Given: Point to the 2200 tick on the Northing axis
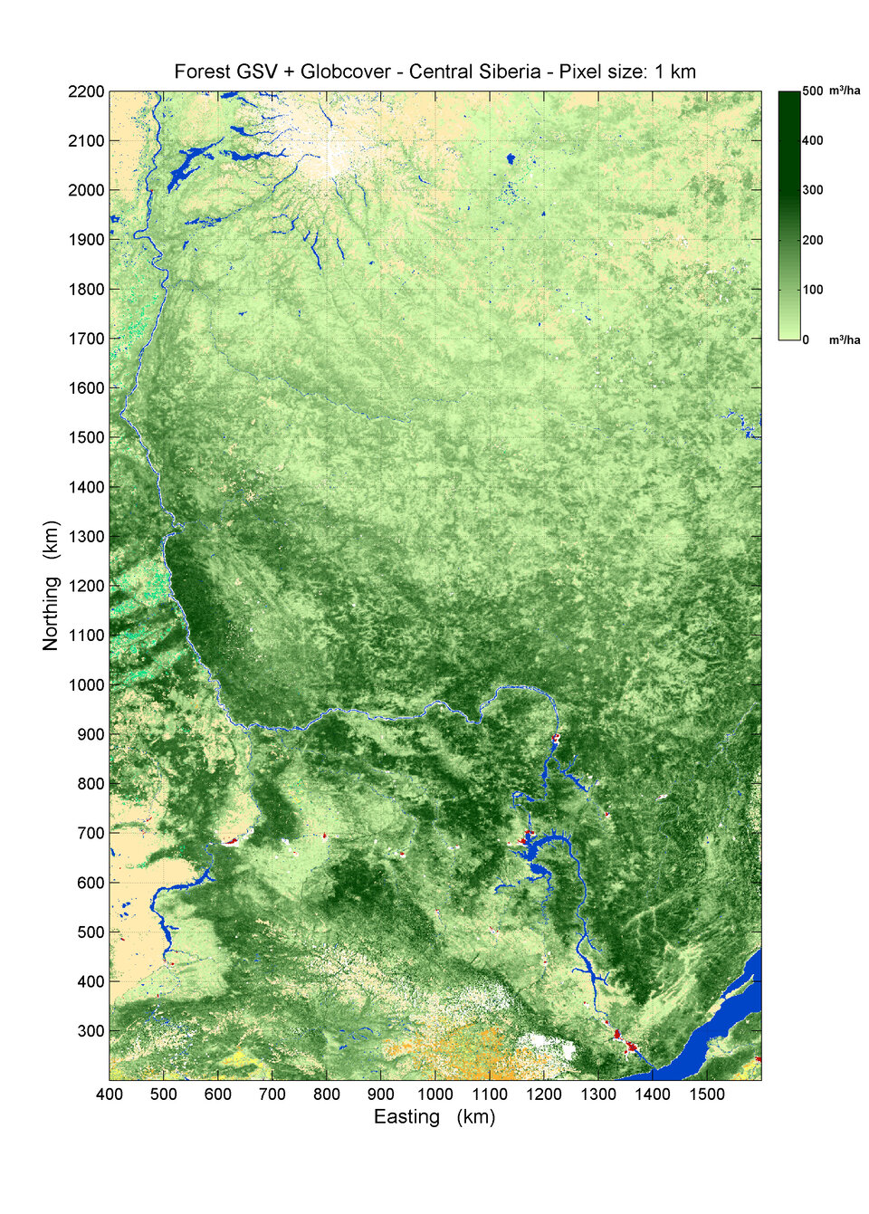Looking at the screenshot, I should click(x=86, y=91).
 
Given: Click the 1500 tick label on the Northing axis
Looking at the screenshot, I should click(x=86, y=437).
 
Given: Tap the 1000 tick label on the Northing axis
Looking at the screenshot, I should click(x=86, y=685).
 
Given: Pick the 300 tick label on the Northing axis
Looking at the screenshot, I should click(x=91, y=1031).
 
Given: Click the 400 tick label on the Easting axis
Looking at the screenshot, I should click(x=110, y=1094).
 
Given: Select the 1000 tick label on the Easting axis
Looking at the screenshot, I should click(x=435, y=1094).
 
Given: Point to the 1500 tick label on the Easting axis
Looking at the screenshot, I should click(x=707, y=1094).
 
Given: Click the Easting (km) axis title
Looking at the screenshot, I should click(x=434, y=1117).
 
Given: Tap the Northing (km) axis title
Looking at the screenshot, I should click(x=51, y=585).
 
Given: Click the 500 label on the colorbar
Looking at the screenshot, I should click(x=812, y=91).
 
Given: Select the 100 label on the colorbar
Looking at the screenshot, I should click(x=812, y=290).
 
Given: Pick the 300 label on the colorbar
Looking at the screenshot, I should click(x=812, y=190).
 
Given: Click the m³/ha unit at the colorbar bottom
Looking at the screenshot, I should click(x=845, y=340).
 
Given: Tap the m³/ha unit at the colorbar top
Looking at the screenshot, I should click(x=845, y=91).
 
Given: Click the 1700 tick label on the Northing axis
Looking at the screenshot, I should click(x=86, y=339).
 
